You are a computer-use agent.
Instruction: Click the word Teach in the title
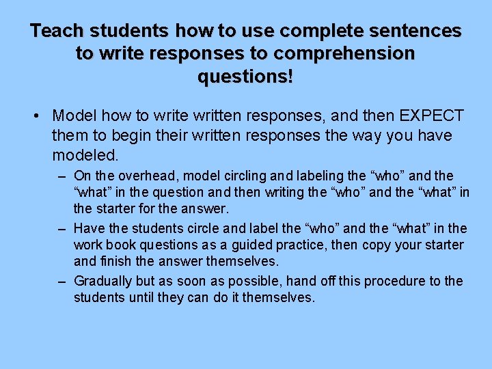coord(58,31)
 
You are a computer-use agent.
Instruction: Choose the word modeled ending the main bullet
coord(85,154)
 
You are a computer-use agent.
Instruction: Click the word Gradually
coord(102,281)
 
